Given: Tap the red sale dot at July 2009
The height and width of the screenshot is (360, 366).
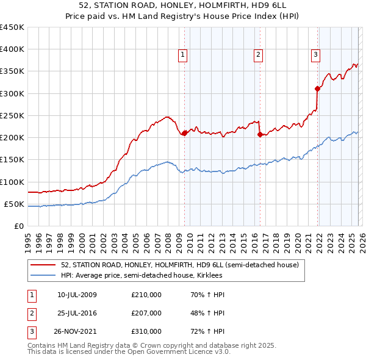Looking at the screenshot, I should [x=184, y=132].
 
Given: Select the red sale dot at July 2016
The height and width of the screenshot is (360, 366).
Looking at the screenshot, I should [x=260, y=134].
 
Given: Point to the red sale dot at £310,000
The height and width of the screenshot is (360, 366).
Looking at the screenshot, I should [x=318, y=88].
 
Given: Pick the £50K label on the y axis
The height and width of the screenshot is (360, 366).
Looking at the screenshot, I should [x=15, y=204].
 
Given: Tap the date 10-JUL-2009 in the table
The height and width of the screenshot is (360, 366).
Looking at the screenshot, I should [x=77, y=295].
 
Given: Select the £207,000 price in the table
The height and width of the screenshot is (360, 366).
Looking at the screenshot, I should [x=146, y=313].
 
